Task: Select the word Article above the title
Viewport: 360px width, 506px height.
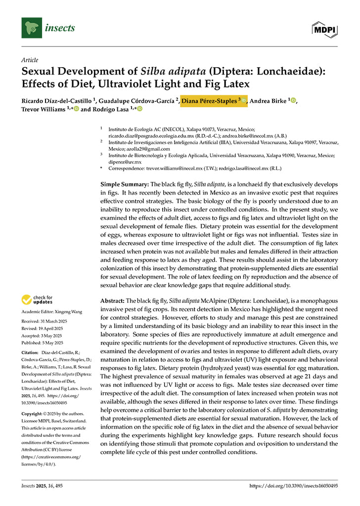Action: pyautogui.click(x=30, y=60)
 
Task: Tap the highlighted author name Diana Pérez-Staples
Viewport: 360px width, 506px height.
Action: pyautogui.click(x=209, y=101)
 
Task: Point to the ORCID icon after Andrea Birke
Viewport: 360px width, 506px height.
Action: pyautogui.click(x=293, y=101)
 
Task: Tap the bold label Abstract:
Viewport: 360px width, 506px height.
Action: pyautogui.click(x=112, y=300)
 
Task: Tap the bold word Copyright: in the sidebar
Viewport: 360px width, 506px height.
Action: pyautogui.click(x=33, y=413)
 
